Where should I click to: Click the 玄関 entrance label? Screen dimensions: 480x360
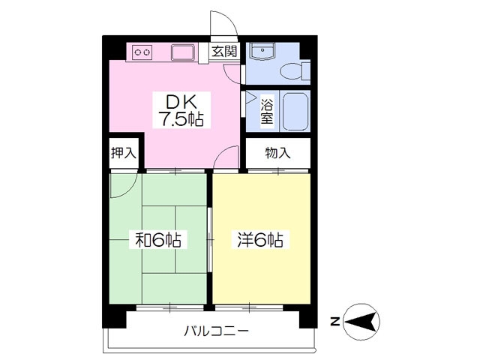tap(225, 51)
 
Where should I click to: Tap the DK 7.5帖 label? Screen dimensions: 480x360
tap(181, 110)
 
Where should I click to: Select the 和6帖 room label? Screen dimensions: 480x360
tap(158, 240)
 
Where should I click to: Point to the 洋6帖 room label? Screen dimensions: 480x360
tap(260, 240)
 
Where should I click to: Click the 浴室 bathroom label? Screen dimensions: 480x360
tap(267, 111)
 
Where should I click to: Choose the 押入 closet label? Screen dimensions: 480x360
tap(124, 153)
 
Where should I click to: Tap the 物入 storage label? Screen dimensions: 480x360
tap(278, 153)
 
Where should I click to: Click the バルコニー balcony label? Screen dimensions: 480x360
tap(216, 331)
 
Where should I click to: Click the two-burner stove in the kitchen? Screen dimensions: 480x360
tap(142, 52)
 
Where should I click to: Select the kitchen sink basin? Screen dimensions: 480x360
tap(183, 52)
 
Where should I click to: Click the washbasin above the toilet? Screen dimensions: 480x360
tap(262, 51)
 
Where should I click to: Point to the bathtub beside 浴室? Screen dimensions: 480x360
tap(295, 111)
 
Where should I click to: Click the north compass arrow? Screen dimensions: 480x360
tap(361, 322)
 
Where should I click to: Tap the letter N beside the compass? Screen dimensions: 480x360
tap(336, 322)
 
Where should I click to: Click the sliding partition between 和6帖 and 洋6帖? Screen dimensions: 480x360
tap(210, 240)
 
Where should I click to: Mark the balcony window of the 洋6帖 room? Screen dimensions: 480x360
tap(249, 307)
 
